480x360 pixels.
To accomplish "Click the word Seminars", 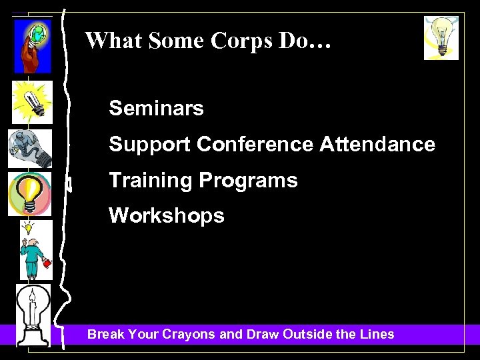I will click(156, 108).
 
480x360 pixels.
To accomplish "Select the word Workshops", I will click(166, 216).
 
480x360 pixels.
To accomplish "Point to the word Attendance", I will click(377, 144).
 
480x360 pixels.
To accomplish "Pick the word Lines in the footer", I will click(376, 334).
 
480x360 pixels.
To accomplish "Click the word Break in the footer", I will click(105, 334).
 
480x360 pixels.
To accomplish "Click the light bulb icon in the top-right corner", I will click(441, 38).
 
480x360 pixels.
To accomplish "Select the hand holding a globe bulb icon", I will click(33, 45).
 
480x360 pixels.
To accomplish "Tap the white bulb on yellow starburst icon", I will click(31, 103).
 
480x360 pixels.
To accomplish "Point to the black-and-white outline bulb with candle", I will click(33, 314).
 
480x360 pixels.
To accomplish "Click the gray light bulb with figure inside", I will click(29, 148).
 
